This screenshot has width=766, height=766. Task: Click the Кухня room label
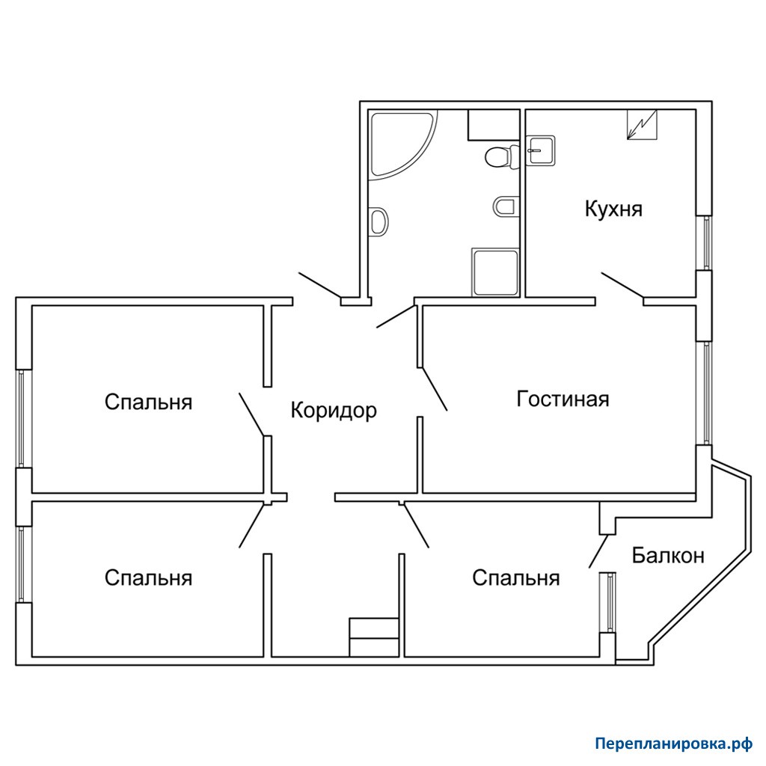(613, 209)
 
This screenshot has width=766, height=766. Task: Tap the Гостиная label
(563, 399)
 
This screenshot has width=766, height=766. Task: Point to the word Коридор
(334, 411)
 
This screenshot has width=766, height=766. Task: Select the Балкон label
(668, 556)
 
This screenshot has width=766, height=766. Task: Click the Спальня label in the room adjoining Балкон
(516, 578)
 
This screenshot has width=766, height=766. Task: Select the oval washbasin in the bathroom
(379, 221)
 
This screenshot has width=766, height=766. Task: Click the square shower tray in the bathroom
(495, 272)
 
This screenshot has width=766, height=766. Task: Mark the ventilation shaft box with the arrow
(642, 125)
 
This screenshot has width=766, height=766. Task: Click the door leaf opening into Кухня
(622, 285)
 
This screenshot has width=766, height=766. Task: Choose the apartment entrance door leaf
(320, 285)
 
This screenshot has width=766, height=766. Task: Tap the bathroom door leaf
(396, 316)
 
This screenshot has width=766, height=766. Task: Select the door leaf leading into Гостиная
(435, 389)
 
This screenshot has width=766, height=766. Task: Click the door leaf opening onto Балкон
(598, 551)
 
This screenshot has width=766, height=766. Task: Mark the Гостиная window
(706, 393)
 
